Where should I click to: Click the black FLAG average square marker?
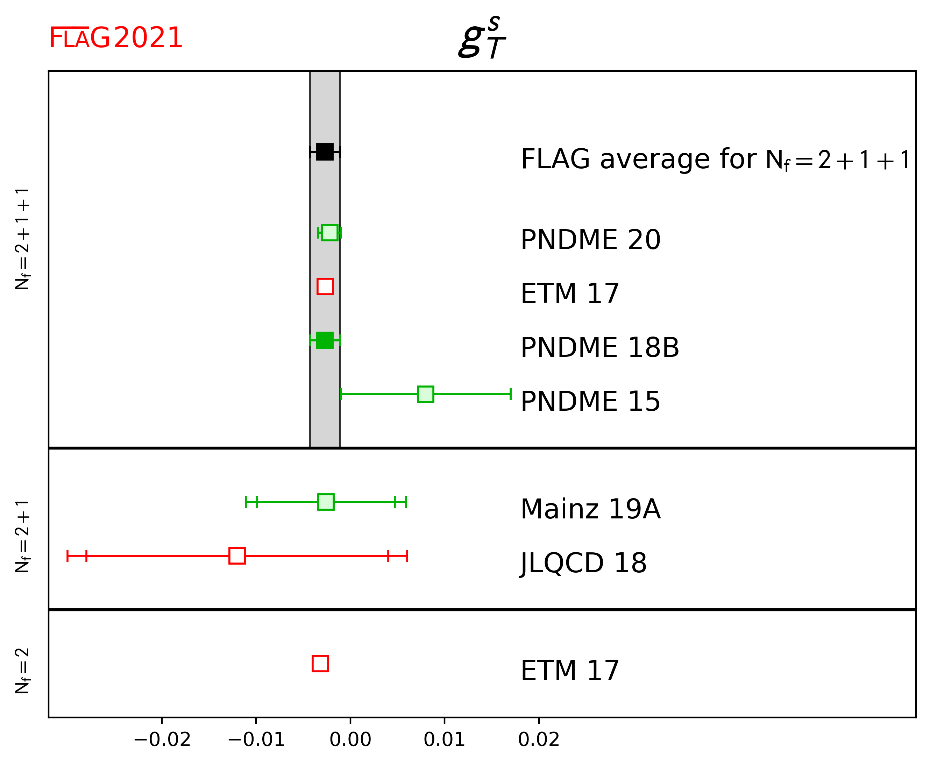325,152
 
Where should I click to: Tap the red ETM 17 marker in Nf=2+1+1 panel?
325,286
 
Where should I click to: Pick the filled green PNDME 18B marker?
325,340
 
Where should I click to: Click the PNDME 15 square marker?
425,394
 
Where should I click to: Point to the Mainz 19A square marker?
326,502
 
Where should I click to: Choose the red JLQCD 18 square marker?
237,556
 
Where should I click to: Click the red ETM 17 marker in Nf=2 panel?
320,663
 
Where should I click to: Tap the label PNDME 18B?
599,347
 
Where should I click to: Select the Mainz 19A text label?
590,509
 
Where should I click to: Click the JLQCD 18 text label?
583,563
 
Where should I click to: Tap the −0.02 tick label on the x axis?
162,740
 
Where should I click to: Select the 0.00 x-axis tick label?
350,740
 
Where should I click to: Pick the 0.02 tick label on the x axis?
539,740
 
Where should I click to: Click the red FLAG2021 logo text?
116,38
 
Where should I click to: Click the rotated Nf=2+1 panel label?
22,536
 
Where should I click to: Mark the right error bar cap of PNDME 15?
510,394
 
